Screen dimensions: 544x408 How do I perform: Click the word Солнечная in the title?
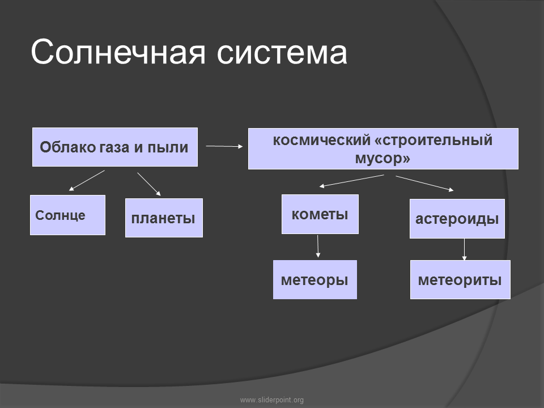point(118,52)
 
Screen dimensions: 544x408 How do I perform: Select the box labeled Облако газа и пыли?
point(115,147)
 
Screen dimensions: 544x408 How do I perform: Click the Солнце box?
point(67,215)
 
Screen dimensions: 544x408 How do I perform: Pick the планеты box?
point(164,218)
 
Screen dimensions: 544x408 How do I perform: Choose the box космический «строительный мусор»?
point(383,149)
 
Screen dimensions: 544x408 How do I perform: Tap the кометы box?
point(320,214)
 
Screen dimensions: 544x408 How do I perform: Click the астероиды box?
point(457,219)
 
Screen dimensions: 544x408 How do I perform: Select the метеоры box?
point(314,279)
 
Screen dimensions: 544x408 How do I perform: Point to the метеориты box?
point(460,279)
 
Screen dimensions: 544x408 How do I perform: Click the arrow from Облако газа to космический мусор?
point(224,146)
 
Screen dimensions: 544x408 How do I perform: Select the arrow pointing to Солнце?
point(87,180)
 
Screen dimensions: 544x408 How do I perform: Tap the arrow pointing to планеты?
point(149,184)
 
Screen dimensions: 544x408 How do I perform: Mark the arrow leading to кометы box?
point(351,181)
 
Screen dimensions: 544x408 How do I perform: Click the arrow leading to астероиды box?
point(424,184)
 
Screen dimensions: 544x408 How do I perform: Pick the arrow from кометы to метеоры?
point(318,246)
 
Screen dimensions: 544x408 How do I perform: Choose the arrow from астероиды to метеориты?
point(464,249)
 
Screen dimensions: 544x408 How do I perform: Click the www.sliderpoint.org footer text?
point(272,400)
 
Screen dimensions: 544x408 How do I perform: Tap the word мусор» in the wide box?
point(382,159)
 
